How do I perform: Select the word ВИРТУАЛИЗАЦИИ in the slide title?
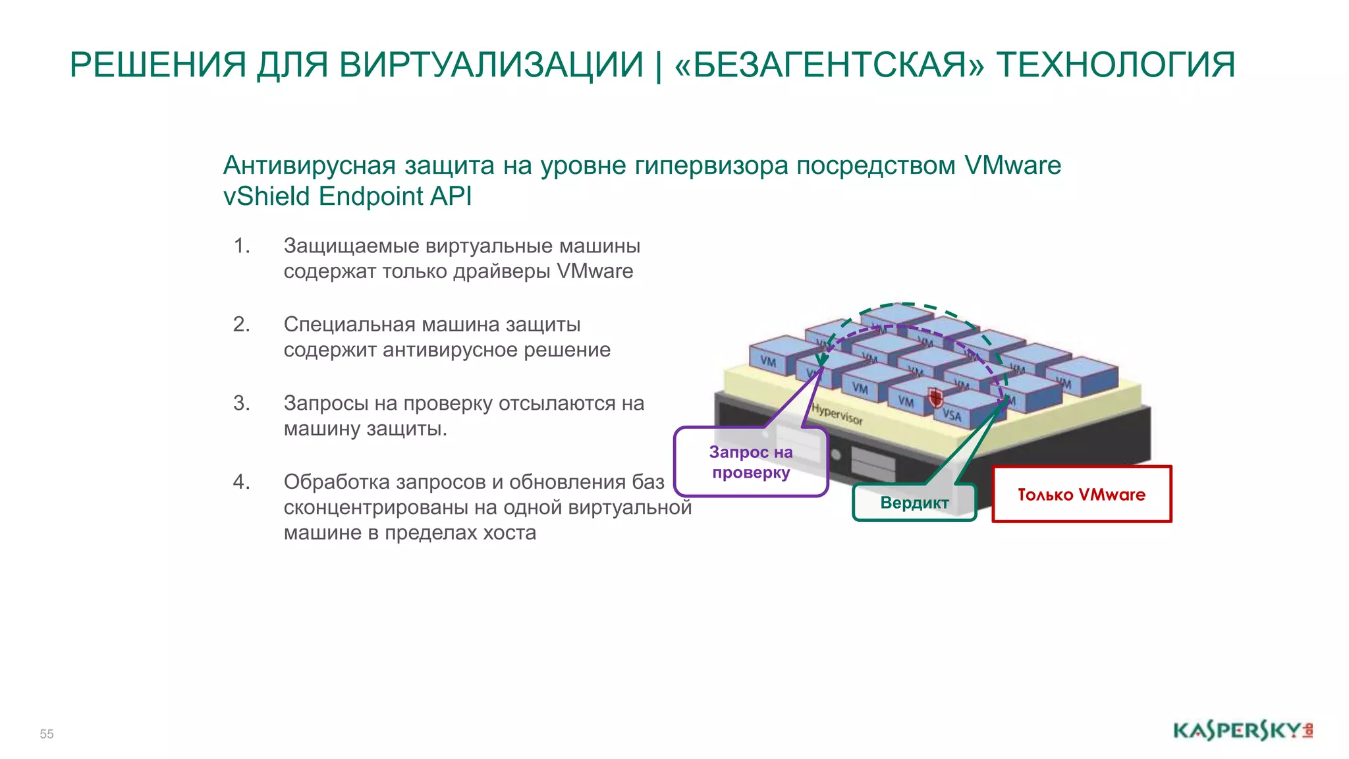click(x=491, y=65)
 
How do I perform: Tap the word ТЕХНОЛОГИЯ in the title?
click(x=1115, y=65)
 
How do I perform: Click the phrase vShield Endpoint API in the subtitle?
click(x=347, y=196)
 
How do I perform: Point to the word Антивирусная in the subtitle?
click(x=309, y=165)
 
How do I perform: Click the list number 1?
click(x=241, y=246)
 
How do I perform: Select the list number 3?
click(x=241, y=403)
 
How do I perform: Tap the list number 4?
click(x=241, y=482)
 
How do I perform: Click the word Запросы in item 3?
click(x=325, y=403)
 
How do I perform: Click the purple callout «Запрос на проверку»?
click(x=751, y=462)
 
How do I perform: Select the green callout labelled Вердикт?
click(x=914, y=503)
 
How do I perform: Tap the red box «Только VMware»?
click(x=1082, y=494)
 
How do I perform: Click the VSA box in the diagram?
click(x=952, y=414)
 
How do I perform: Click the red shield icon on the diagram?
click(x=935, y=397)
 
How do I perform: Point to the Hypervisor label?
click(x=837, y=414)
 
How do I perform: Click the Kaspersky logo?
click(x=1242, y=731)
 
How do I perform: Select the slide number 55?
click(x=47, y=734)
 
